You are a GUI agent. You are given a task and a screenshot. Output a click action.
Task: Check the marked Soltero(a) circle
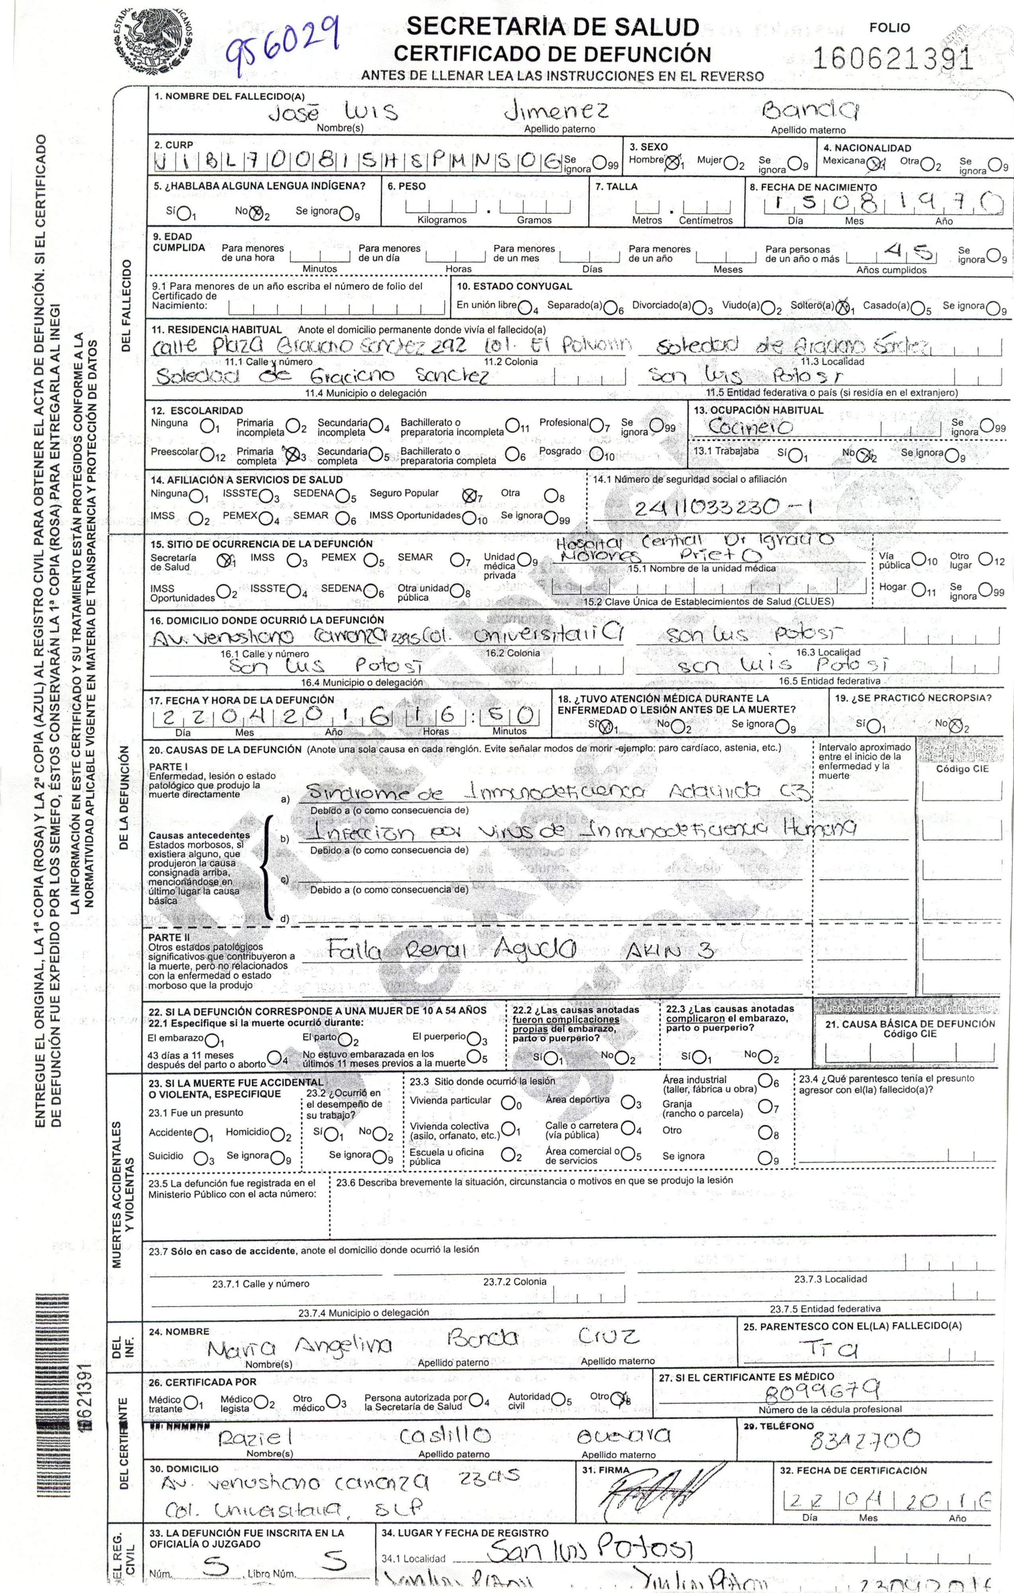point(842,307)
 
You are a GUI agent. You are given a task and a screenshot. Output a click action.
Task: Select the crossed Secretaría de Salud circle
point(226,559)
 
